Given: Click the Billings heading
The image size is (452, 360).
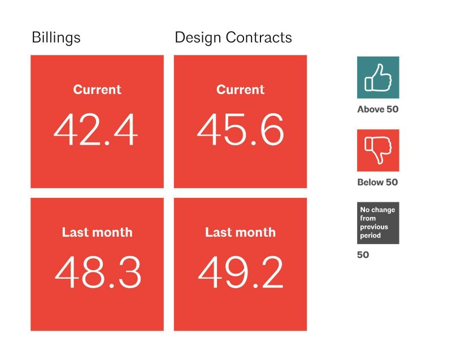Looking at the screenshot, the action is click(x=56, y=38).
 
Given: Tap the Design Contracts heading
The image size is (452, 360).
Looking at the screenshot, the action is click(x=233, y=38).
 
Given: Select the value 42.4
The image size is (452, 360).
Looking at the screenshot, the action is click(x=95, y=129).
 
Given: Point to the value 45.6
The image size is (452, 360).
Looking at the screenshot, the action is click(x=241, y=129).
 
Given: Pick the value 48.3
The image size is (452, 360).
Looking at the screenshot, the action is click(x=98, y=272).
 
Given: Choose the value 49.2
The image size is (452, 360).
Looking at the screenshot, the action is click(x=241, y=272).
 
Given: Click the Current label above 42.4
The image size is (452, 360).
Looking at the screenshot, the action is click(x=97, y=89).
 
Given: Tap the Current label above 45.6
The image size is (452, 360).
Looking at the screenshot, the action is click(x=241, y=89).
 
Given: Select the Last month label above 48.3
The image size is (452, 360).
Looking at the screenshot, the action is click(x=97, y=232).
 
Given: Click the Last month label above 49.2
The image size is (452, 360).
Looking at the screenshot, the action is click(x=241, y=232).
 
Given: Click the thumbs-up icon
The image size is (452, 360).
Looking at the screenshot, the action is click(x=378, y=77).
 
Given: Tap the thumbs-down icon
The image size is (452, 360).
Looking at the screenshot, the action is click(x=378, y=150).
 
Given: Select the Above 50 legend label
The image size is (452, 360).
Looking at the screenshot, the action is click(x=378, y=109).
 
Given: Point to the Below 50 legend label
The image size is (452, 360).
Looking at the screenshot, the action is click(x=377, y=182).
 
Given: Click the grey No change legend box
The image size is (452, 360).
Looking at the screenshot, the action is click(x=378, y=223).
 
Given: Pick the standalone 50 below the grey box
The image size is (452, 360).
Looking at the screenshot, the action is click(x=363, y=255).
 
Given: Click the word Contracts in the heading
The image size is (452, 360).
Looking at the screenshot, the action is click(x=259, y=38).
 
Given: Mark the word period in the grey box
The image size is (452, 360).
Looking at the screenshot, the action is click(x=371, y=236).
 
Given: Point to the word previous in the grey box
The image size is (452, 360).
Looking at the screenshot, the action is click(x=374, y=227).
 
